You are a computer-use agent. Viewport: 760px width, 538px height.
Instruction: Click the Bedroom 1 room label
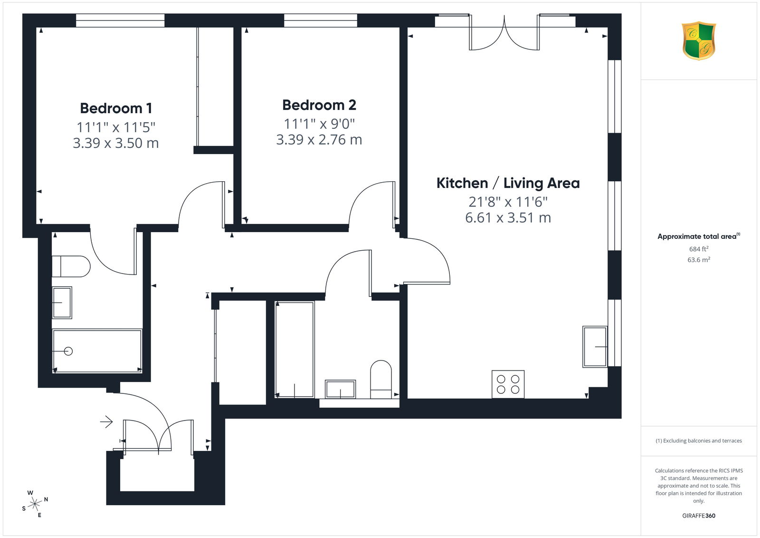click(116, 108)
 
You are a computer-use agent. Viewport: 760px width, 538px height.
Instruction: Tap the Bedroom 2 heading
click(319, 105)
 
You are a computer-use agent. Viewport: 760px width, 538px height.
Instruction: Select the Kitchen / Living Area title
click(508, 183)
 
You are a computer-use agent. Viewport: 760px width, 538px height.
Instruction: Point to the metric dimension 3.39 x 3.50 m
click(116, 143)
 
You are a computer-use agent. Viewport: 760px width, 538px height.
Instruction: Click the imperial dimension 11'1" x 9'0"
click(319, 124)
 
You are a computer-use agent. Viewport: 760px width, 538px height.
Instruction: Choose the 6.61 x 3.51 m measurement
click(508, 217)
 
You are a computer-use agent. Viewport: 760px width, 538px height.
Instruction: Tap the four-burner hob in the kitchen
click(508, 384)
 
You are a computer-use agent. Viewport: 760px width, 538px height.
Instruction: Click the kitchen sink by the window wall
click(595, 347)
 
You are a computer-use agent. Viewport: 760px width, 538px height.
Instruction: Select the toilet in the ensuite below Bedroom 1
click(71, 266)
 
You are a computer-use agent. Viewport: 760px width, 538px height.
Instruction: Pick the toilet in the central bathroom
click(380, 379)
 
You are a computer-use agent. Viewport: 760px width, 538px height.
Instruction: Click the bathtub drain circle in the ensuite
click(68, 351)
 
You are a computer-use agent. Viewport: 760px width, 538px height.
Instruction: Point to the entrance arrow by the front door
click(106, 422)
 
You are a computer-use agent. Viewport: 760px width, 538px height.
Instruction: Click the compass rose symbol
click(35, 504)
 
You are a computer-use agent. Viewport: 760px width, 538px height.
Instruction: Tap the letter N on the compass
click(46, 499)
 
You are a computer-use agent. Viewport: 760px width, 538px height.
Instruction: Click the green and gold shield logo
click(699, 41)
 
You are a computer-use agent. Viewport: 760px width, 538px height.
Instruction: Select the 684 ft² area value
click(699, 249)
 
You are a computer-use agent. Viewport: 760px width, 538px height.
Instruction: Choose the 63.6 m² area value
click(699, 260)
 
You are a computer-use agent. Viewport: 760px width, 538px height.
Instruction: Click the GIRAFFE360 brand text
click(699, 516)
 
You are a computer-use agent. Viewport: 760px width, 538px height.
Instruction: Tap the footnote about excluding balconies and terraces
click(699, 441)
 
